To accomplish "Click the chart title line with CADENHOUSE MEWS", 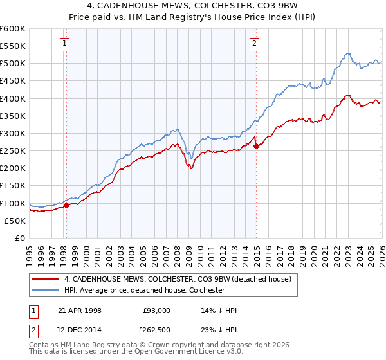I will (x=193, y=6).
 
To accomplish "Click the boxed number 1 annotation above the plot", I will (x=66, y=44).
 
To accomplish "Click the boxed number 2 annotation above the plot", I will (x=255, y=44).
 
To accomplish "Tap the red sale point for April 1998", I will (x=66, y=206).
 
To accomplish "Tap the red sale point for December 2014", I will (x=257, y=147).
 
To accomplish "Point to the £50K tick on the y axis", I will (x=15, y=221).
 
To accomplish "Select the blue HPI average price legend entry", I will (x=144, y=290).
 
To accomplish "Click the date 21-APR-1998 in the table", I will (x=80, y=310).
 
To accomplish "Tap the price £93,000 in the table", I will (x=156, y=310).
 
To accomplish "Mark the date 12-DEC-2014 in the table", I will (x=80, y=330).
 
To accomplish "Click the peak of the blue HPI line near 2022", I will (x=347, y=53).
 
